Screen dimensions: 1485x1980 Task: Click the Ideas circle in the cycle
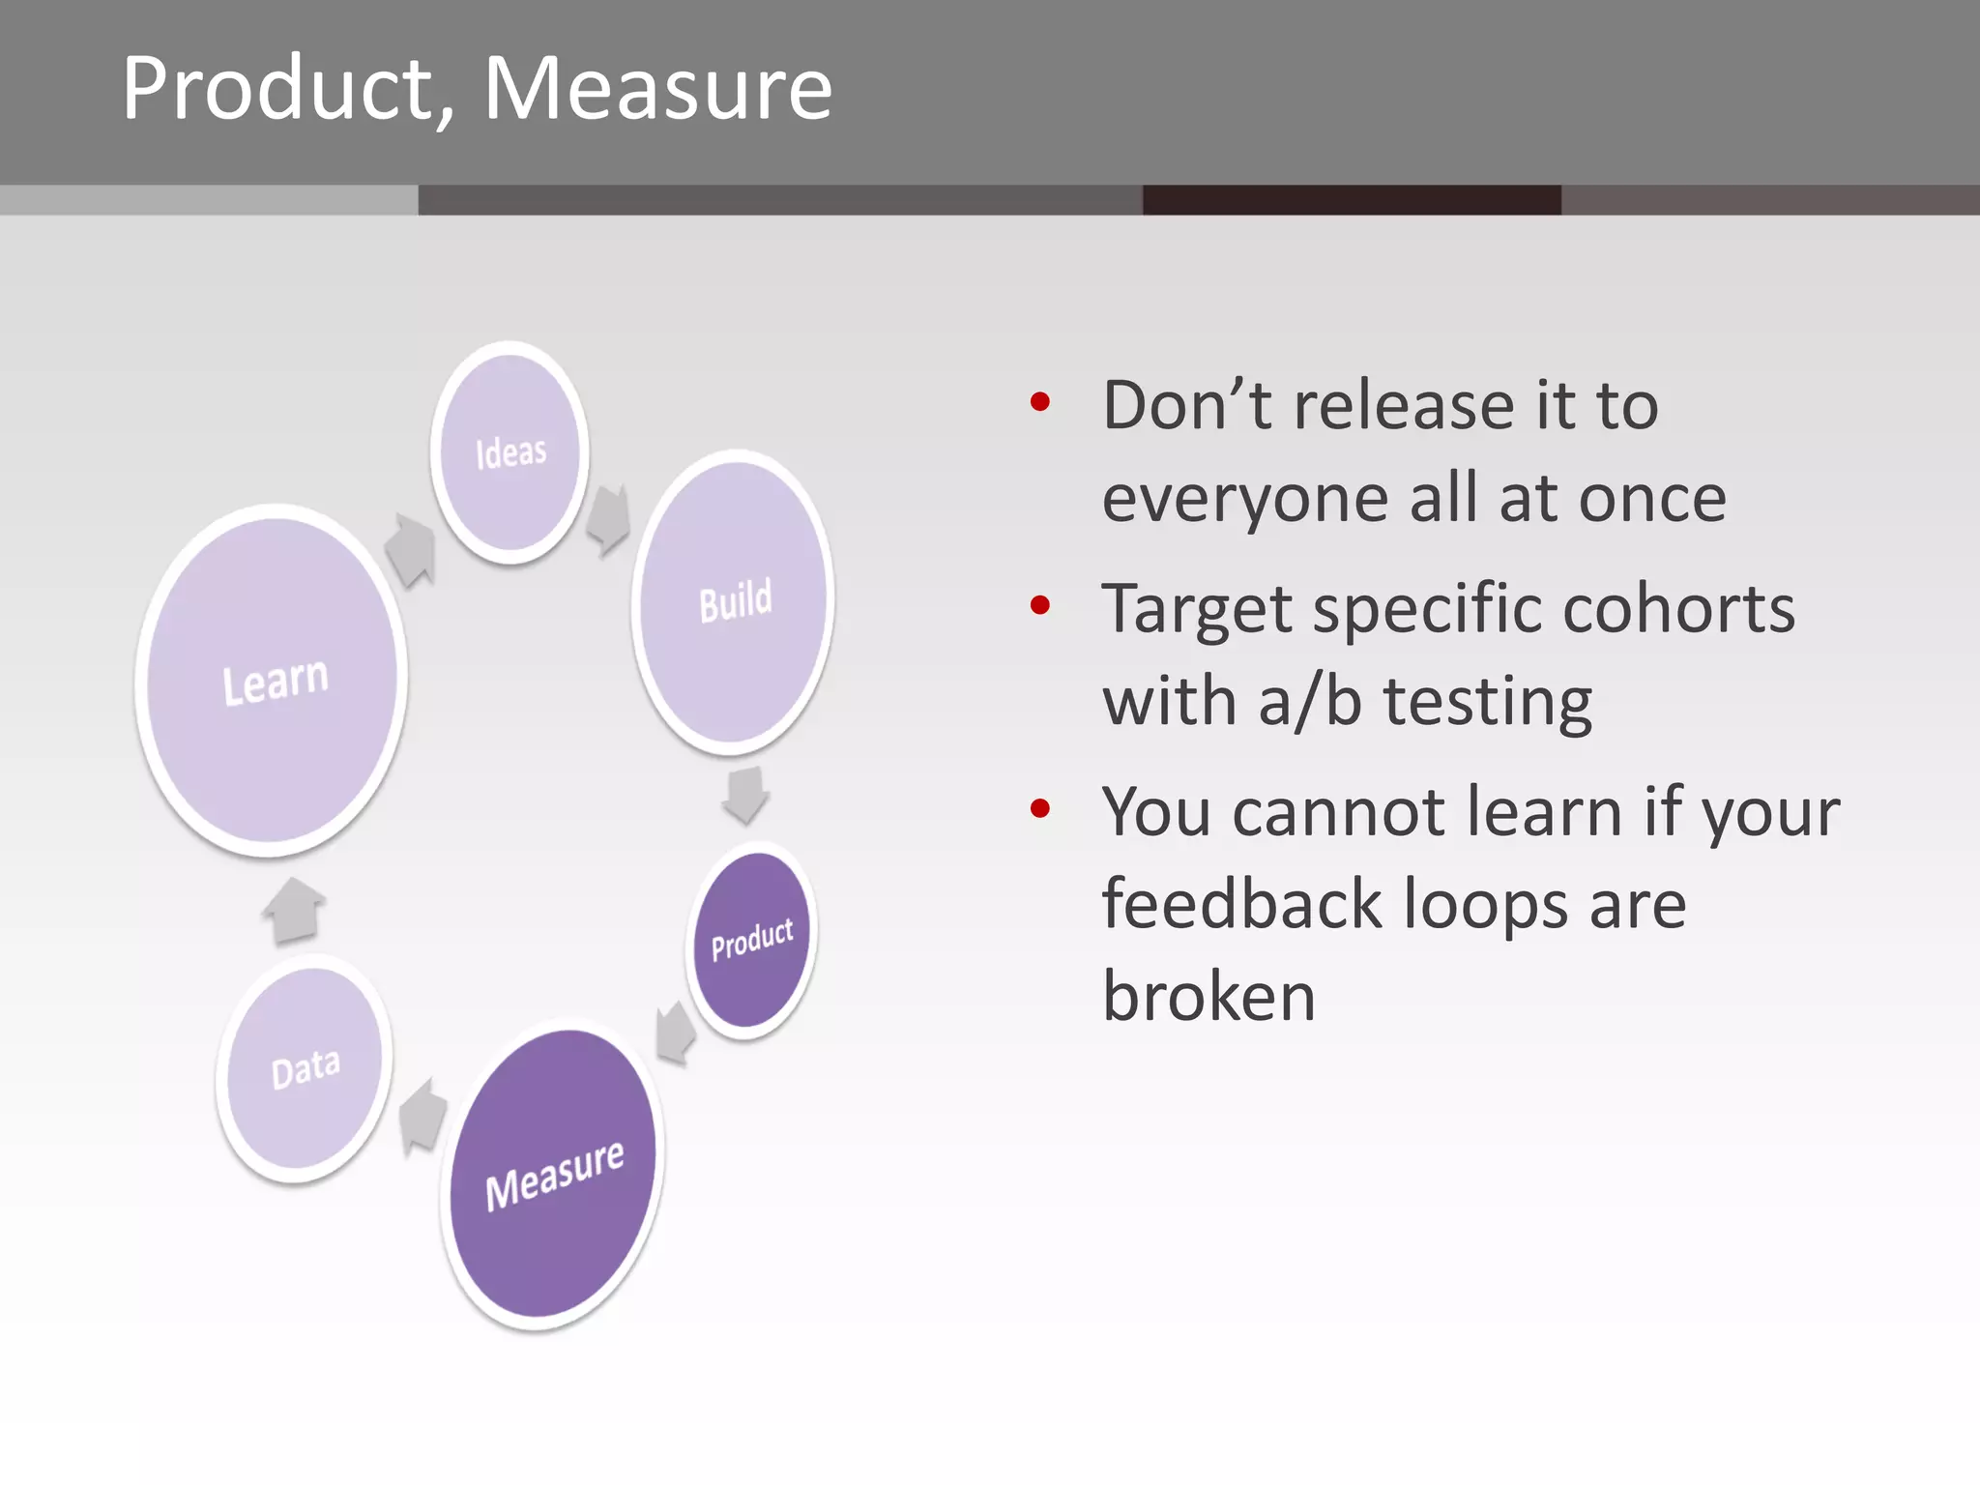pos(510,452)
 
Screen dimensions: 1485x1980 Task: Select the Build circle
pos(734,601)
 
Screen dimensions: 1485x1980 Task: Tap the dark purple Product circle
pos(752,940)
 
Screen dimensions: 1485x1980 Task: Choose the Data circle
pos(305,1069)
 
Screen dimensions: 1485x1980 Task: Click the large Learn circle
pos(274,681)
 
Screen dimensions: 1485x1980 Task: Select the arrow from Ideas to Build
pos(609,519)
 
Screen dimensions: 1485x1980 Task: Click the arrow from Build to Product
pos(745,794)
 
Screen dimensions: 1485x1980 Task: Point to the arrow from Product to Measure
pos(676,1033)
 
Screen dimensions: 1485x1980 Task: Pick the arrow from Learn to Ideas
pos(411,550)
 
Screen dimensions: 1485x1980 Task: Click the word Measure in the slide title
pos(657,89)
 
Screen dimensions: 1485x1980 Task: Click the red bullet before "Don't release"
pos(1040,402)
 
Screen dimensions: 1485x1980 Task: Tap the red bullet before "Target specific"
pos(1040,606)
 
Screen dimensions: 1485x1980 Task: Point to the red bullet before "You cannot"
pos(1040,808)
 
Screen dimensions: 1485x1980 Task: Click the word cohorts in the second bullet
pos(1678,609)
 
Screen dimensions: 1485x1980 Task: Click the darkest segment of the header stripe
pos(1352,200)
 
